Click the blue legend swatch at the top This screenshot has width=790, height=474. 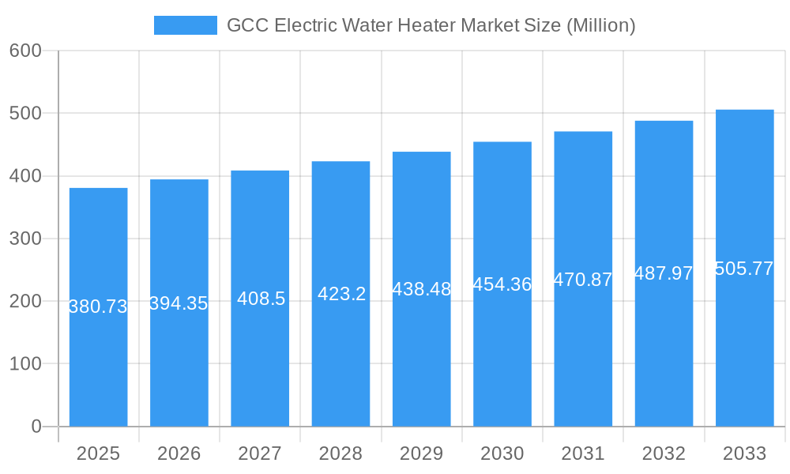[x=185, y=25]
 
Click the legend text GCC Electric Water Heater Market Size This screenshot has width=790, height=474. [x=431, y=25]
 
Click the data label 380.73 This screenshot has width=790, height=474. [x=98, y=307]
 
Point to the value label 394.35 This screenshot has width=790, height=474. [x=179, y=303]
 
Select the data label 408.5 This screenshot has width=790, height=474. [x=261, y=299]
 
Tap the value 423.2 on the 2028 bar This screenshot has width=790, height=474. [x=341, y=294]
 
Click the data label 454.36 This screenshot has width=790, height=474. [x=502, y=284]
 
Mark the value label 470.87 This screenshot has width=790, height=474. [x=583, y=280]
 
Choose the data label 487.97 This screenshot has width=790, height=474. [x=664, y=273]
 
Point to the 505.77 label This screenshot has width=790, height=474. [x=744, y=269]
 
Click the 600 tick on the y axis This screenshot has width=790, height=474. [x=25, y=51]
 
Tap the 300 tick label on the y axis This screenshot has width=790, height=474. [x=25, y=239]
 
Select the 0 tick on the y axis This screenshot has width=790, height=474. [x=36, y=427]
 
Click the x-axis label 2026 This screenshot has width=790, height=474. [x=179, y=453]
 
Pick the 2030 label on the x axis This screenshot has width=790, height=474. [x=502, y=453]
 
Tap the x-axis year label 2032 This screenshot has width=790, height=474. [x=664, y=453]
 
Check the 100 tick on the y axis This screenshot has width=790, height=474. [x=25, y=364]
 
